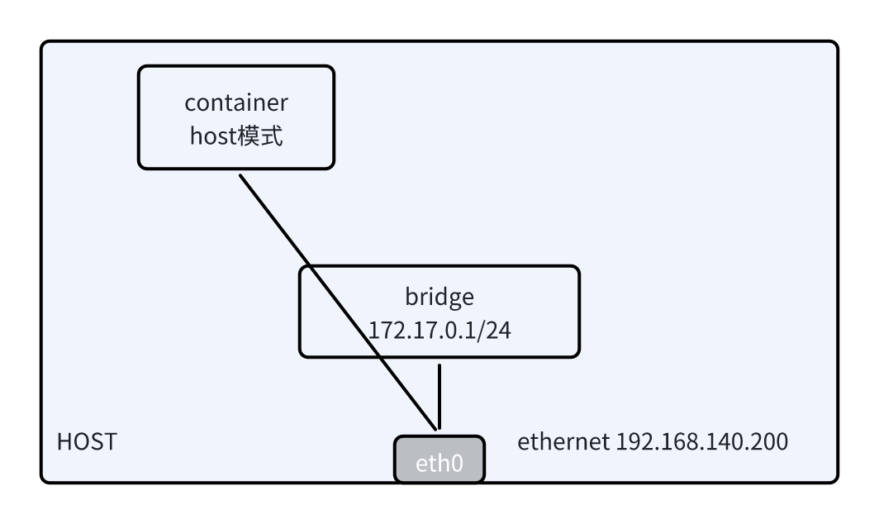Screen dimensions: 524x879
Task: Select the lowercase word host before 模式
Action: click(212, 136)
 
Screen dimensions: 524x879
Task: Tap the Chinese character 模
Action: click(248, 136)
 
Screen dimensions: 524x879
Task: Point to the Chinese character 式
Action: click(271, 136)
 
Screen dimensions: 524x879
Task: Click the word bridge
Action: click(439, 296)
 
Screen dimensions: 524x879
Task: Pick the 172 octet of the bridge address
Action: click(384, 330)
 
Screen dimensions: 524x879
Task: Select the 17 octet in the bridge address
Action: click(416, 330)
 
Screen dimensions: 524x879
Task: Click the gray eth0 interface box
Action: click(439, 459)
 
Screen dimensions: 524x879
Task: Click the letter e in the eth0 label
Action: click(420, 461)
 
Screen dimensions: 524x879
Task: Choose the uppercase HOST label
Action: click(86, 442)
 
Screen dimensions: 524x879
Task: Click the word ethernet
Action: click(563, 442)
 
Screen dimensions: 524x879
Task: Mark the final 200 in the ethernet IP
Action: click(767, 442)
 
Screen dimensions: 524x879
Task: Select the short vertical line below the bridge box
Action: click(439, 395)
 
